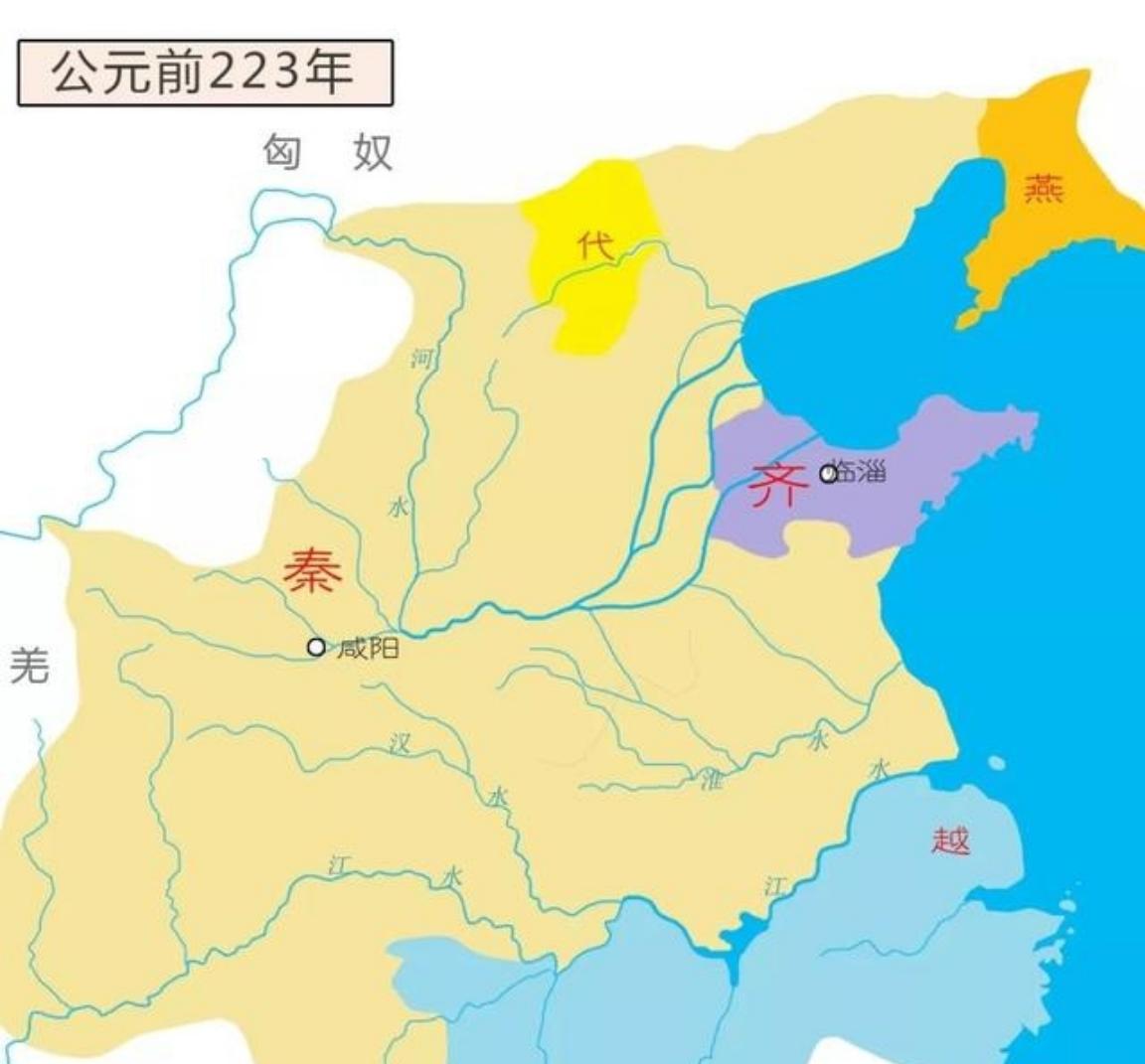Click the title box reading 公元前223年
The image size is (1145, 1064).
206,73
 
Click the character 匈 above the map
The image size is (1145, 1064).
281,152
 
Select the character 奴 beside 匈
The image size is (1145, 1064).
373,152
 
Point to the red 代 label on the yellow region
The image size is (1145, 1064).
595,244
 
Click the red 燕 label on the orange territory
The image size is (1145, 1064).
1044,187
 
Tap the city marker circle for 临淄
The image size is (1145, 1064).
828,474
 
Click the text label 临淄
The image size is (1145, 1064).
860,472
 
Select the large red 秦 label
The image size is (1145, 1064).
313,571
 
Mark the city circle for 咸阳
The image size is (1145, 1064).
316,648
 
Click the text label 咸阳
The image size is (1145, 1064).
368,649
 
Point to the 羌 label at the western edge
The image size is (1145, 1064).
29,664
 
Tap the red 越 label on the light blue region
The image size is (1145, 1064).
950,840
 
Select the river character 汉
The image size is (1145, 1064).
401,743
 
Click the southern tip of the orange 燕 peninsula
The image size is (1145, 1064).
964,322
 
